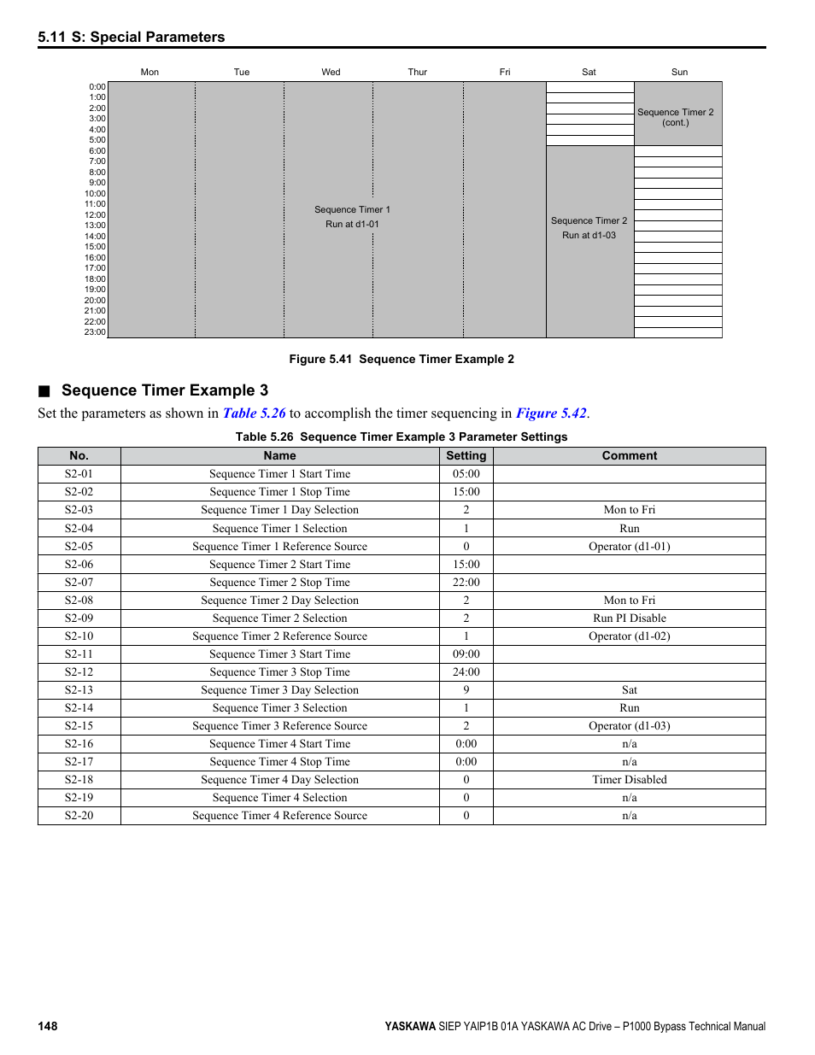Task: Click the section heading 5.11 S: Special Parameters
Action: (132, 37)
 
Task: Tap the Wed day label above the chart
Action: (331, 72)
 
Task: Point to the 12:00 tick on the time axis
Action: (95, 214)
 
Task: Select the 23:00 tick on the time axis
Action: (95, 332)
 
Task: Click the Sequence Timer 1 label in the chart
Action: (352, 209)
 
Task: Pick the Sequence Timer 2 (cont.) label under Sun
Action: (675, 117)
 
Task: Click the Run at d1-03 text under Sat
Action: (589, 235)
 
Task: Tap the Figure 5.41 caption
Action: (402, 359)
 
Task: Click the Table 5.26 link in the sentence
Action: (254, 413)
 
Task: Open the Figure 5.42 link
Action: (551, 413)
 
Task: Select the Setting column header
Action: (466, 456)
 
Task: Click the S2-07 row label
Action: (79, 583)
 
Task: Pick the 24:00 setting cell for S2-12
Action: (466, 672)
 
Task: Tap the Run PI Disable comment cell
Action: (630, 618)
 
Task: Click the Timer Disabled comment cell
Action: (630, 780)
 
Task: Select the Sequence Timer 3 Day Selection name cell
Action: (279, 690)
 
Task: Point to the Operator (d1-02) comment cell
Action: (630, 636)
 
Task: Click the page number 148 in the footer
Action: (48, 1026)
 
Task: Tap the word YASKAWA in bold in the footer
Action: (410, 1027)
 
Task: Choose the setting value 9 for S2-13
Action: (466, 690)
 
